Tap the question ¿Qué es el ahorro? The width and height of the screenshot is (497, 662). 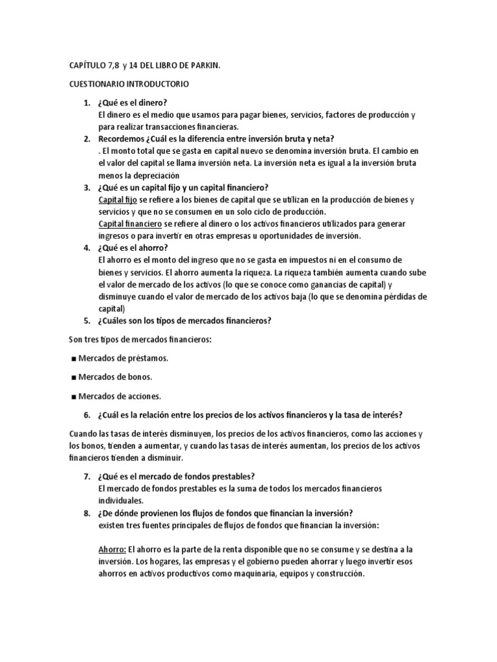tap(135, 248)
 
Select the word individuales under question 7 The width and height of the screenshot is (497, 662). tap(120, 500)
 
